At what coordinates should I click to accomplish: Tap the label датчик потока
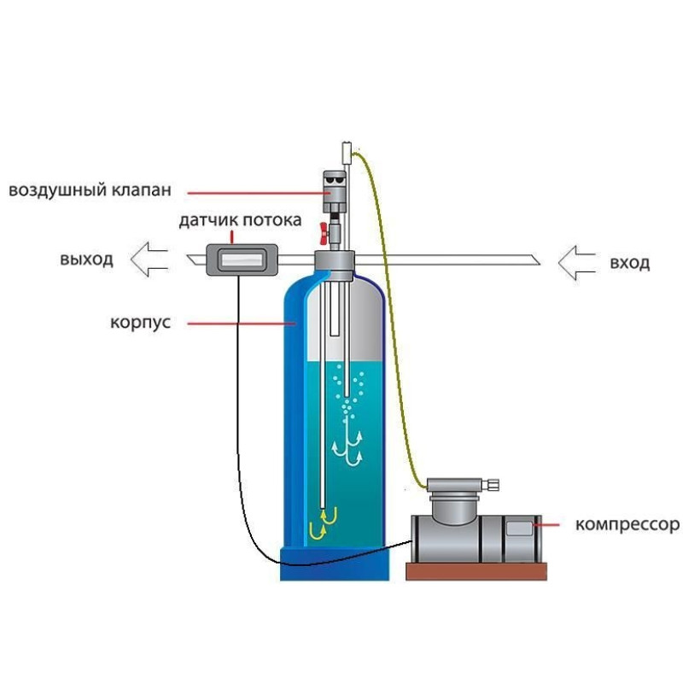[239, 221]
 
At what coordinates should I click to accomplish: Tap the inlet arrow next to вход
[578, 261]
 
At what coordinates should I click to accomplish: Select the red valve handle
[324, 230]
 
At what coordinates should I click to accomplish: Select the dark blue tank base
[335, 558]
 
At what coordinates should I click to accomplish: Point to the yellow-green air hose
[393, 324]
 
